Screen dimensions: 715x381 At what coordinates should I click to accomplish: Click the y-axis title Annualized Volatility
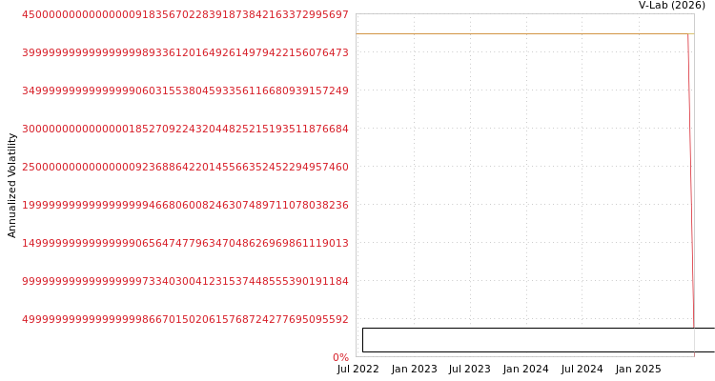point(11,186)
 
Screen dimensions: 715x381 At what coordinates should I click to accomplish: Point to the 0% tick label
point(340,357)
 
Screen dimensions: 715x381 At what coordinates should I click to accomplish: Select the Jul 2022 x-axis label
point(357,370)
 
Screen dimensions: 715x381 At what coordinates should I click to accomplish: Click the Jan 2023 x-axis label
point(414,370)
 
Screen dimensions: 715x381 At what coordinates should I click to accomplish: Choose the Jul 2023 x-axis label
point(470,370)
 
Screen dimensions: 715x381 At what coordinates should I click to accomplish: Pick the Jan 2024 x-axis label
point(525,370)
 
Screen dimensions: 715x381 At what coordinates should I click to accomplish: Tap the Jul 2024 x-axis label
point(582,370)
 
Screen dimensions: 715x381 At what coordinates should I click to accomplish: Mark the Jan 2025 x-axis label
point(638,370)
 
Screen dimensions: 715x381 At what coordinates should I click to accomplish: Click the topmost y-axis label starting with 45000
point(185,14)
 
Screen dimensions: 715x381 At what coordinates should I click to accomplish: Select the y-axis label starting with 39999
point(185,53)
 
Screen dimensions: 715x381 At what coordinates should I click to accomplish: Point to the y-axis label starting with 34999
point(185,90)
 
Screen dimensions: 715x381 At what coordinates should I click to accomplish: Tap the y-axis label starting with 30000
point(185,129)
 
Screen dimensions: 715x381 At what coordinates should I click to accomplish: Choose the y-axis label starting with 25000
point(185,167)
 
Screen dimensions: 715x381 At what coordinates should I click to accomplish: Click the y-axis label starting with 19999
point(185,205)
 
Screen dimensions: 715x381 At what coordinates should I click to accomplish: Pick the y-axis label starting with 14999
point(185,243)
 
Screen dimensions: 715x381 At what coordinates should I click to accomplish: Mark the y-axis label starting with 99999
point(185,281)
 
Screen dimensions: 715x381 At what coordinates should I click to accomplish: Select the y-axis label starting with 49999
point(185,319)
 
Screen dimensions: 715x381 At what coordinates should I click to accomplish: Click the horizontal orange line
point(525,33)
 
